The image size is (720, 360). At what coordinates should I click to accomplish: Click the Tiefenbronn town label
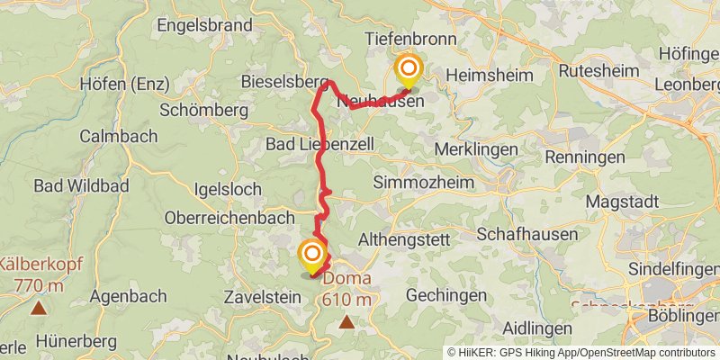click(x=410, y=40)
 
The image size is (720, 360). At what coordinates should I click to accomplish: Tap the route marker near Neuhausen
click(x=409, y=70)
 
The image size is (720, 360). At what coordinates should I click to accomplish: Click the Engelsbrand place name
click(x=204, y=25)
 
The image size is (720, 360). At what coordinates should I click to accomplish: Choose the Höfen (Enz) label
click(x=125, y=85)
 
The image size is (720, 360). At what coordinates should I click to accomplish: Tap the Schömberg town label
click(x=202, y=111)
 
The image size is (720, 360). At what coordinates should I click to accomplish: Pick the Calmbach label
click(x=117, y=137)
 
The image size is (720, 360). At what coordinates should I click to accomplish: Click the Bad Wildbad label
click(x=81, y=186)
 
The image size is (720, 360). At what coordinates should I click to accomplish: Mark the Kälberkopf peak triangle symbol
click(x=38, y=309)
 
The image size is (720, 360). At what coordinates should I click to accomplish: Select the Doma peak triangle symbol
click(x=346, y=320)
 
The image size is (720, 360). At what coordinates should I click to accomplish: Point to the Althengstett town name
click(x=402, y=240)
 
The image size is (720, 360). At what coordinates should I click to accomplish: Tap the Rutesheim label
click(x=600, y=70)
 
